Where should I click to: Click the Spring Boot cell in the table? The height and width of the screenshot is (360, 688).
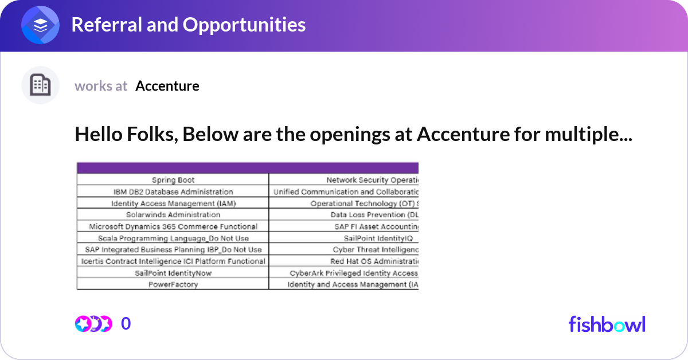tap(173, 180)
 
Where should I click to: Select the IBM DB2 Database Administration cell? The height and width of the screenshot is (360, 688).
tap(173, 191)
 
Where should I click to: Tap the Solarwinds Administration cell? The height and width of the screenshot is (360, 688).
tap(173, 214)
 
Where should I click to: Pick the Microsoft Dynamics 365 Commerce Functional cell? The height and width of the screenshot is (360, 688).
tap(173, 226)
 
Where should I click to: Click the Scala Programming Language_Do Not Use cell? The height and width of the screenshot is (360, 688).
tap(173, 238)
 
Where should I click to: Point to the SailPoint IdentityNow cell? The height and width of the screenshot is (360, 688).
tap(173, 273)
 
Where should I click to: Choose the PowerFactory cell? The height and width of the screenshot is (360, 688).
tap(173, 284)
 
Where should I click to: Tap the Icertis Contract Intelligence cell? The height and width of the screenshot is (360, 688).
tap(173, 261)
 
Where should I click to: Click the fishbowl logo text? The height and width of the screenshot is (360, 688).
tap(607, 324)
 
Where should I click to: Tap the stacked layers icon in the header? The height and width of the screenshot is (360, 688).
tap(40, 25)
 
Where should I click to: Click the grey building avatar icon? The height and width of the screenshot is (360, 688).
tap(40, 85)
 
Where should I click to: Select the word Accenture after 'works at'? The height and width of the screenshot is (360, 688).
tap(167, 86)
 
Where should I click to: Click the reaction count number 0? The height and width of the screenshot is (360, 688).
tap(126, 324)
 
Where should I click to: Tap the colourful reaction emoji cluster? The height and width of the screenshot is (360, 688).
tap(93, 324)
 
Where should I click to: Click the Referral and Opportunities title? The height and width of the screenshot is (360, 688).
tap(188, 25)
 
